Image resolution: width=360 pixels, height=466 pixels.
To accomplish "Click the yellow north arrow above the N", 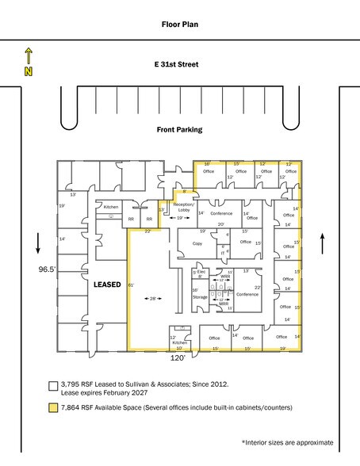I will click(x=29, y=55).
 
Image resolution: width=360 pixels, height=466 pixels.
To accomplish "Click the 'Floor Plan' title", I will click(x=179, y=25).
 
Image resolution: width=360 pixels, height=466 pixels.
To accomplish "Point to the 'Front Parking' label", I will click(x=179, y=130).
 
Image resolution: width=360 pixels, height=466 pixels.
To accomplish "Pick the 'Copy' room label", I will click(x=196, y=244).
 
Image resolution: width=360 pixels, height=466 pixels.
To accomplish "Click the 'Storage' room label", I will click(x=200, y=297).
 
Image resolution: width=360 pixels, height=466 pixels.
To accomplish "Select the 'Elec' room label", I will click(x=201, y=271).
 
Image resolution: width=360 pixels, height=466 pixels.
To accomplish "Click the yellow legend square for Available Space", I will click(x=53, y=408).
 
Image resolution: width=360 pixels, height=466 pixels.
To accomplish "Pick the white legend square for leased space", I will click(x=53, y=385).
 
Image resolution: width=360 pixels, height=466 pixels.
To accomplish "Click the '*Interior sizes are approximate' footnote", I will click(x=287, y=442).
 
